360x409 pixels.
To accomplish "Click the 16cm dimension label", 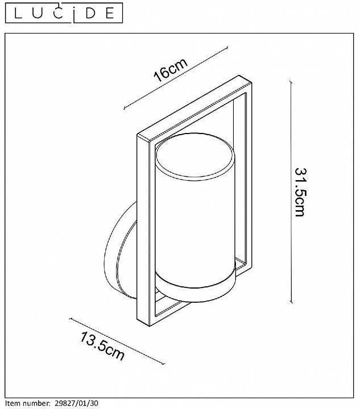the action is point(171,70).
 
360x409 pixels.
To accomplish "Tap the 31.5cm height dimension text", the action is point(300,192).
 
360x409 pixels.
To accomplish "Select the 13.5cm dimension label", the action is point(102,346).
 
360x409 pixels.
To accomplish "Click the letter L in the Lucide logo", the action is point(18,13).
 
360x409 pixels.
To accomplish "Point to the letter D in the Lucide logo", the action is point(90,13).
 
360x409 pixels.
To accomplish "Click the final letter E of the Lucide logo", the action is point(110,13).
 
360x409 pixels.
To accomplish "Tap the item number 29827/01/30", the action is point(76,403).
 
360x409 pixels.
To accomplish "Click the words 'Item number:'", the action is point(28,403).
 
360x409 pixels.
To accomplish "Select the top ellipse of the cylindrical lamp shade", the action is point(195,156).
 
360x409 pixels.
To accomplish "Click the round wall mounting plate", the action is point(121,251).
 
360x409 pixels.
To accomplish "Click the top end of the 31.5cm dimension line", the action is point(291,81).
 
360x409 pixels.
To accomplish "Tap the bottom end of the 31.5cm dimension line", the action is point(291,303).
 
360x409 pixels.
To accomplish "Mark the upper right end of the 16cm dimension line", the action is point(227,47).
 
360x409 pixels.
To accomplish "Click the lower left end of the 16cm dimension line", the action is point(124,108).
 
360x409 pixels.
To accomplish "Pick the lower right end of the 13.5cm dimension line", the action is point(164,363).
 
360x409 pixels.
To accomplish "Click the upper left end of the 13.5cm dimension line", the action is point(70,319).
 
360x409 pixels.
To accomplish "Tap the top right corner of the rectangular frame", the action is point(251,82).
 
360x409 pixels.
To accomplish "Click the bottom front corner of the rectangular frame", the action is point(150,326).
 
